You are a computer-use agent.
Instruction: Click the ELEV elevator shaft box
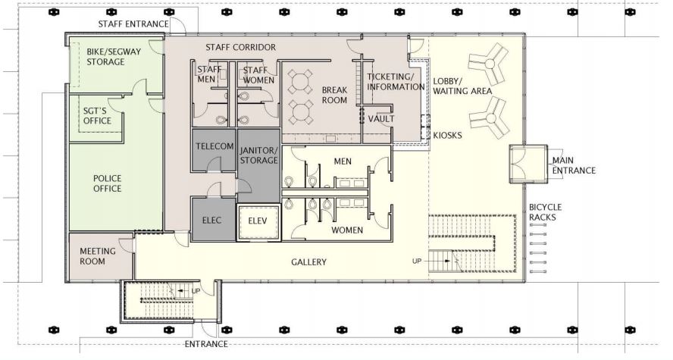[258, 221]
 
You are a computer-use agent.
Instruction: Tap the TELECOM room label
[214, 146]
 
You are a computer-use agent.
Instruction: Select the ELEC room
[213, 219]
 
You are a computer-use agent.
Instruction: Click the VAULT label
[381, 118]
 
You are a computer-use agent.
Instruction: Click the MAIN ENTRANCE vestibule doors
[528, 164]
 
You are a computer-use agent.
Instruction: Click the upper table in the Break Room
[299, 82]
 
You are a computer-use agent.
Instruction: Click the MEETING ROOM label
[98, 256]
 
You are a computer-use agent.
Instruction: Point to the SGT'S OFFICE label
[97, 116]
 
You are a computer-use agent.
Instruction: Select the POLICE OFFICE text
[108, 183]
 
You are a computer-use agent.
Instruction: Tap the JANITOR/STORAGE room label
[258, 155]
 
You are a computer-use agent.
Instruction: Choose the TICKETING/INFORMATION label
[396, 82]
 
